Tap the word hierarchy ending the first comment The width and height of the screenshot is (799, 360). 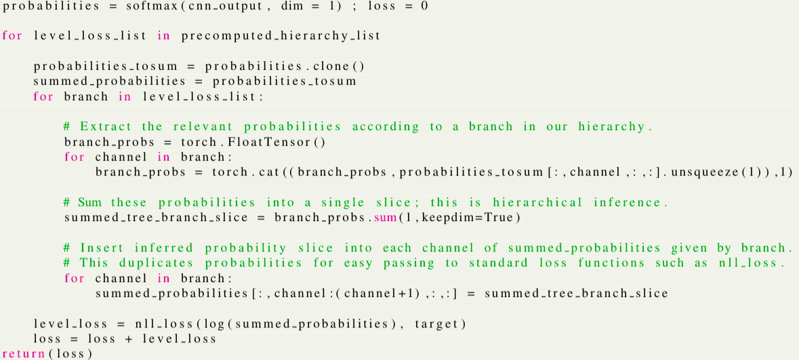click(x=613, y=127)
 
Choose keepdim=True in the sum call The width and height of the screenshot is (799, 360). click(x=466, y=218)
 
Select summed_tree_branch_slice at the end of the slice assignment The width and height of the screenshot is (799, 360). click(x=575, y=294)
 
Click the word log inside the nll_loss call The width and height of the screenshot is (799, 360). click(x=218, y=324)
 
